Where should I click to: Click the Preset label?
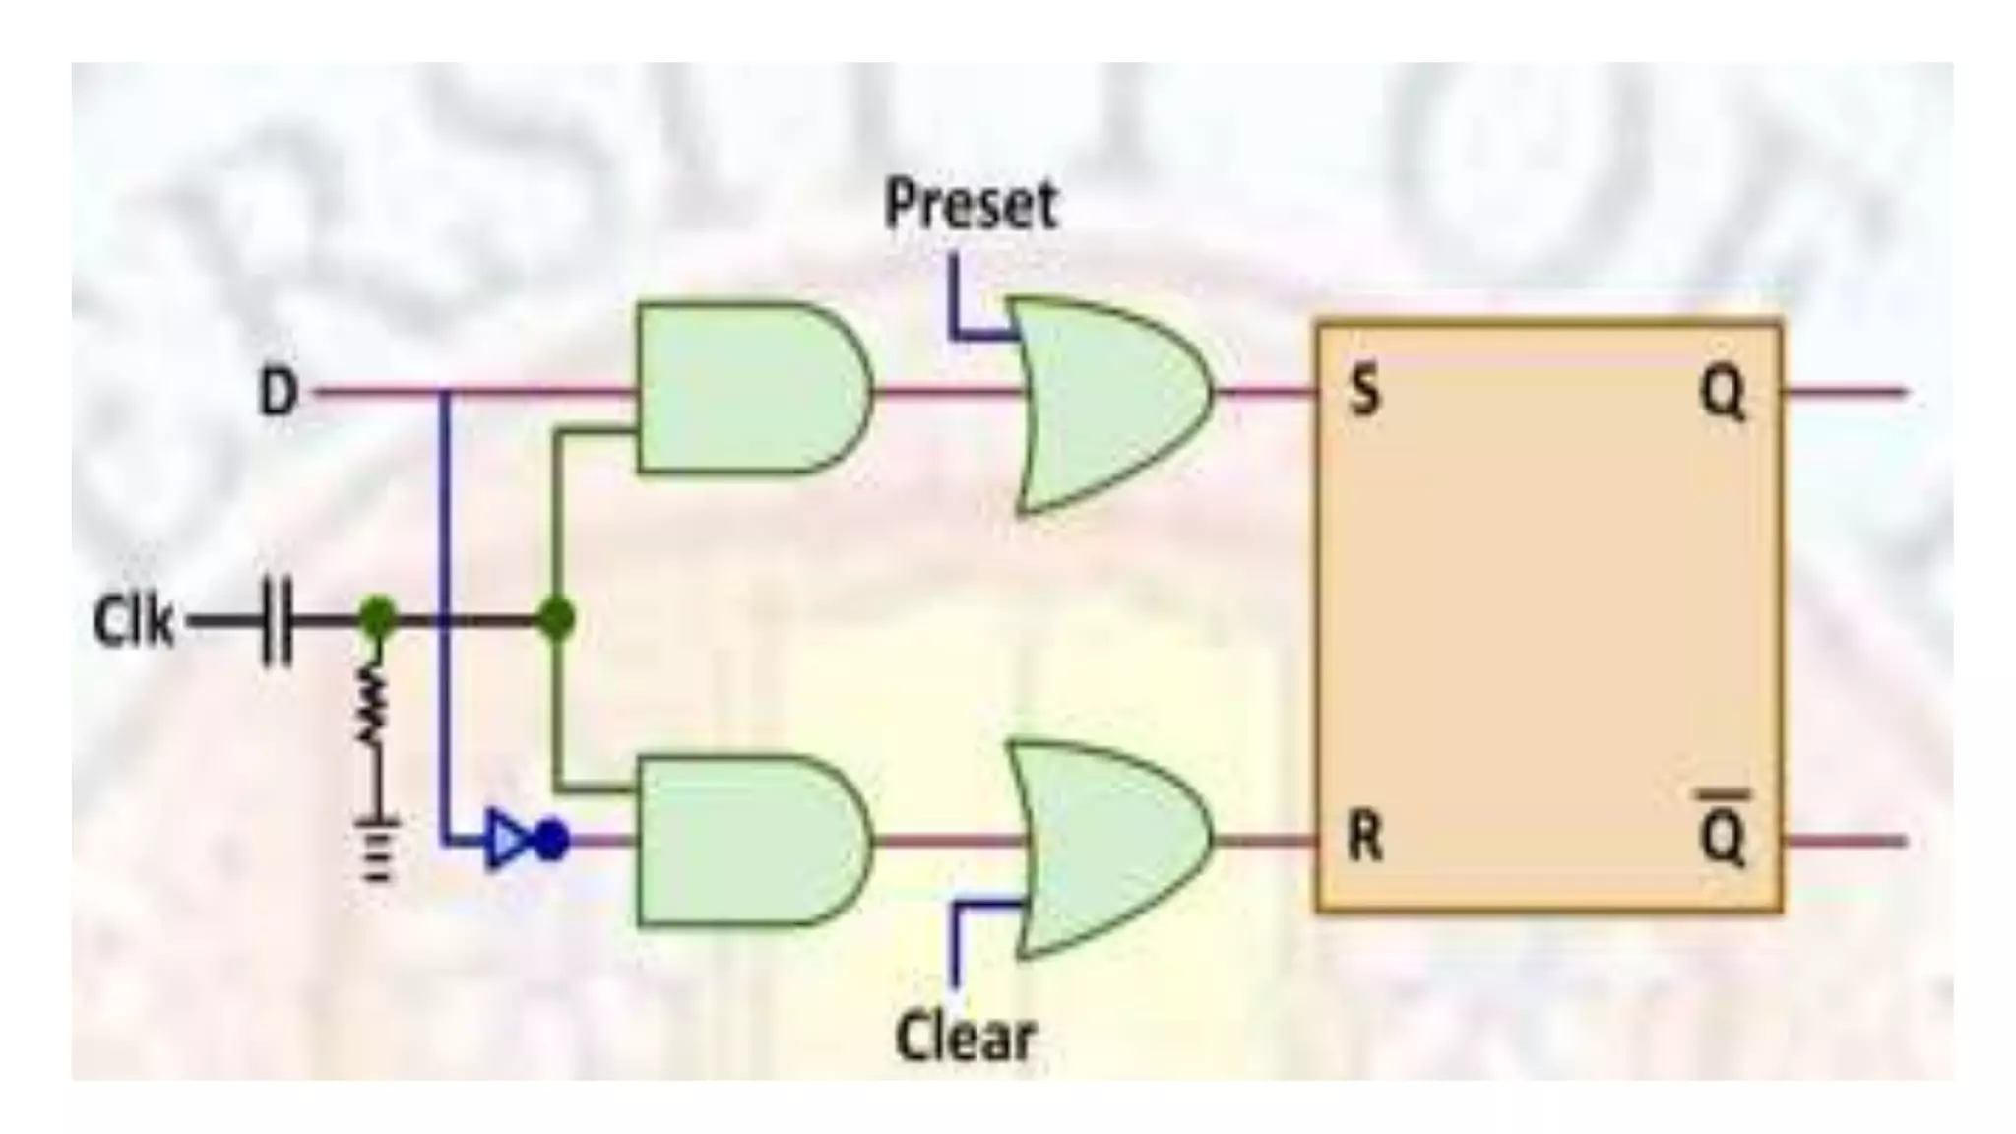971,206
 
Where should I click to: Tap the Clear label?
966,1037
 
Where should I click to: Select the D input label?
278,393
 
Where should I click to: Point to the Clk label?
133,622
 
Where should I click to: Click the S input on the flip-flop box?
1363,393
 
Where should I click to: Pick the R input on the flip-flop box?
1364,840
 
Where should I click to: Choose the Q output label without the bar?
1724,395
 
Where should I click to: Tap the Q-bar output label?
1724,837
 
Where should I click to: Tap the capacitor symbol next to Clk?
277,622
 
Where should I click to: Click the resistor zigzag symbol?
373,703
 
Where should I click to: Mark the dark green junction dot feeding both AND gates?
557,620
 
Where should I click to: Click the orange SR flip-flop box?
1548,615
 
